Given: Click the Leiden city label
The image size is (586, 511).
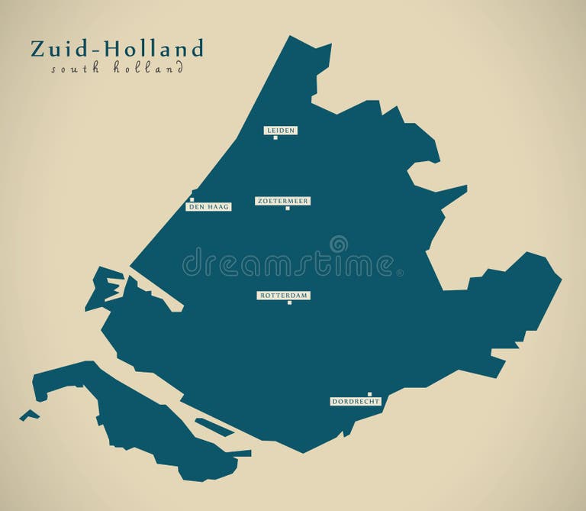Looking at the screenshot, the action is pos(281,131).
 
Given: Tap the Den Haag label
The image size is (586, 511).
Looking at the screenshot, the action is pos(208,206).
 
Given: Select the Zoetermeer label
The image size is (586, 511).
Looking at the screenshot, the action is pos(283,201).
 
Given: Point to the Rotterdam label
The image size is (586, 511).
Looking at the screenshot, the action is pos(284,295).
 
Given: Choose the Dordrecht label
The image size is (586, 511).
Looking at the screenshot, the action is pos(355,401).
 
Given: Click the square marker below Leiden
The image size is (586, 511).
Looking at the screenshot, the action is pos(275,138).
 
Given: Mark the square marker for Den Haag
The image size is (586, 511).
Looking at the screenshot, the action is pos(192,200).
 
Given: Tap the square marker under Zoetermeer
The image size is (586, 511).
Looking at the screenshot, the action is pos(288,209).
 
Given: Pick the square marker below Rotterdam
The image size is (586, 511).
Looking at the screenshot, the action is pos(289,303).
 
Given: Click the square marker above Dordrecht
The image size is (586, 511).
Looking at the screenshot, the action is pos(369,394).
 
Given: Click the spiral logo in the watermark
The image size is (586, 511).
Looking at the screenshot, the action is pos(338,244).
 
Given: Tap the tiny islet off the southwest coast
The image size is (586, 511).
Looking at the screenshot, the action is pos(29,415).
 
